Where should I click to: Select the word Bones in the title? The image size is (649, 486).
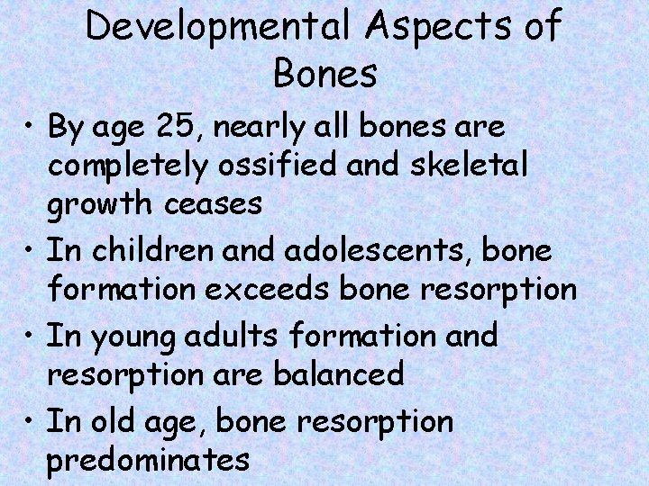tap(324, 75)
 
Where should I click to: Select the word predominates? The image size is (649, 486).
tap(148, 460)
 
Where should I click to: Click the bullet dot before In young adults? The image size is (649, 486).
tap(30, 336)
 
